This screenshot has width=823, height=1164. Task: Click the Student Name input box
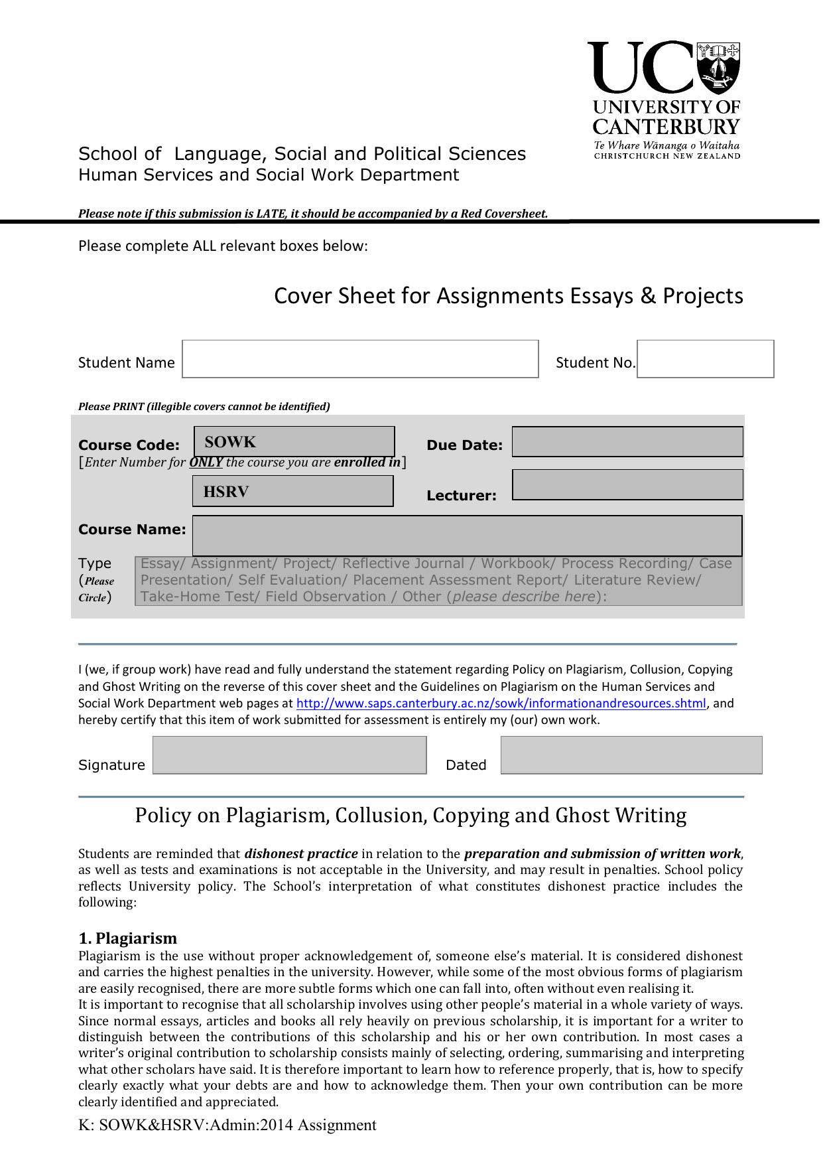point(360,359)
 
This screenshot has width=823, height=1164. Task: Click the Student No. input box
point(705,359)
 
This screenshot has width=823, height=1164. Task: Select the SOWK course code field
point(294,442)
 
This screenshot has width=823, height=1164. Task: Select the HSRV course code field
point(292,492)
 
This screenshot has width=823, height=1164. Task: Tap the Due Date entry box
point(627,442)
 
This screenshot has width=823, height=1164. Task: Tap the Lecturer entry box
point(627,485)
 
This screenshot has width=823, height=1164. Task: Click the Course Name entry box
point(467,536)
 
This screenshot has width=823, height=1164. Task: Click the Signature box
point(289,755)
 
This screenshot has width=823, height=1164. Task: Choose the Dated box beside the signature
point(631,755)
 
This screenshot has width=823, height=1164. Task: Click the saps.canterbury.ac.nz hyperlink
point(501,703)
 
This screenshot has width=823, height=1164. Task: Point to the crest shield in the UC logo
point(719,68)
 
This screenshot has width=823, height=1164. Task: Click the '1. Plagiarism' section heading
point(128,938)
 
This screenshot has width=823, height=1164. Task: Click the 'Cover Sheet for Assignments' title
point(508,296)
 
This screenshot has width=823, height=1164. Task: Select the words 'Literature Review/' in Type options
point(637,580)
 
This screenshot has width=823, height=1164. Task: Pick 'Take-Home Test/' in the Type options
point(200,597)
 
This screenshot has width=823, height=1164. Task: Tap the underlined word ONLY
point(206,463)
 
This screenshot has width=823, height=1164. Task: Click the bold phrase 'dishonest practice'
point(301,854)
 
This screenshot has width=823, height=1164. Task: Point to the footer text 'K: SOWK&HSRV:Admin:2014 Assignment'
point(227,1126)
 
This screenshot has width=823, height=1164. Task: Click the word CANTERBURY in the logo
point(666,127)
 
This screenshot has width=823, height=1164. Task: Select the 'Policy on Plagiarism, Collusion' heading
point(411,816)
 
